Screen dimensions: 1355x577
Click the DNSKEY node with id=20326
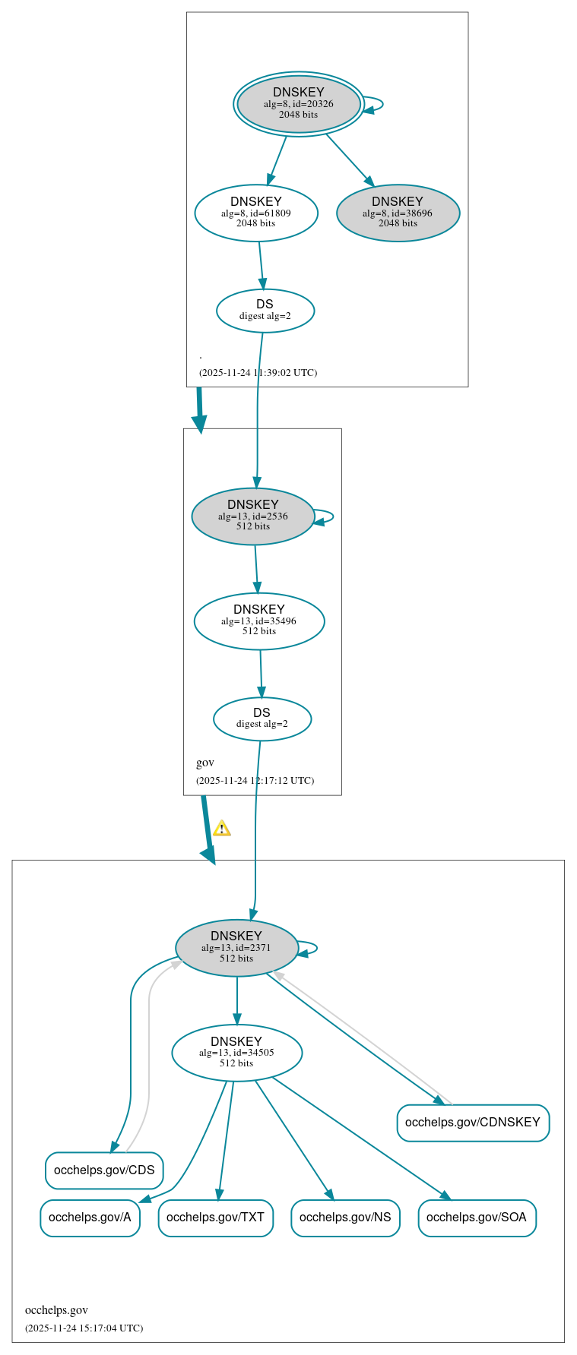(x=298, y=104)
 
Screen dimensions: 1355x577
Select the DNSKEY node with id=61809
(x=256, y=213)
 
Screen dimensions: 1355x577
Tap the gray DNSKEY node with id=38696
(x=398, y=213)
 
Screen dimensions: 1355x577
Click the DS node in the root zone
(x=265, y=311)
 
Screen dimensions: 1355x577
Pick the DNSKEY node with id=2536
(x=252, y=516)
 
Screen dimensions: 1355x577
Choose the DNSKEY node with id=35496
(x=259, y=621)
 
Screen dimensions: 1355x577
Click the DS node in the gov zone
(x=262, y=719)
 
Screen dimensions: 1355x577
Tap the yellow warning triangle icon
(x=221, y=829)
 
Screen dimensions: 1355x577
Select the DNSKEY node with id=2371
(x=236, y=948)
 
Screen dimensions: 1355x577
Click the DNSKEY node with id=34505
(x=236, y=1053)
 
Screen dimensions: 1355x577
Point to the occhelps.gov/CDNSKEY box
(x=473, y=1123)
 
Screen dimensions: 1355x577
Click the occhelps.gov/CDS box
(x=104, y=1170)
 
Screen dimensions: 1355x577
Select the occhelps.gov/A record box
(x=90, y=1218)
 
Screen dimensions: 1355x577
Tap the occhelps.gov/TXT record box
(x=215, y=1218)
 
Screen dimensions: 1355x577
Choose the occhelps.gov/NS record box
(x=345, y=1218)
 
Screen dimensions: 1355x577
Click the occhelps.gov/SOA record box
(x=477, y=1218)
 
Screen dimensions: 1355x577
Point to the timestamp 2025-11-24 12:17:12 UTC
(x=255, y=781)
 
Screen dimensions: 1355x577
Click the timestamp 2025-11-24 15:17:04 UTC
(x=84, y=1328)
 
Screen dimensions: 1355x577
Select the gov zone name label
(x=205, y=763)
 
